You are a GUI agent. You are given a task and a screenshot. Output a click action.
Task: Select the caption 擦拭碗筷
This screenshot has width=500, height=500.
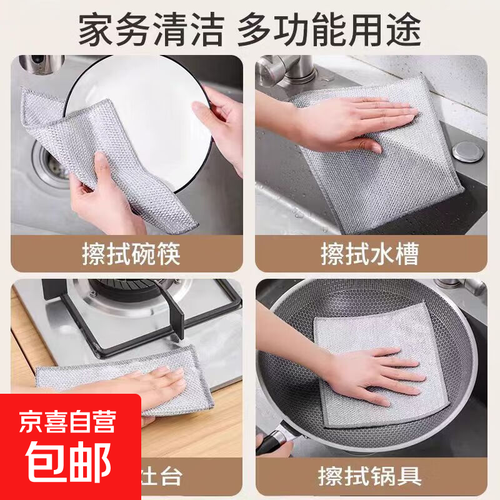131,254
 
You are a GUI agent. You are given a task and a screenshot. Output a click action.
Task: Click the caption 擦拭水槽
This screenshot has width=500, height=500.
369,254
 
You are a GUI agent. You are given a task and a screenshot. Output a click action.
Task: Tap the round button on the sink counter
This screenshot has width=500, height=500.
464,149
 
